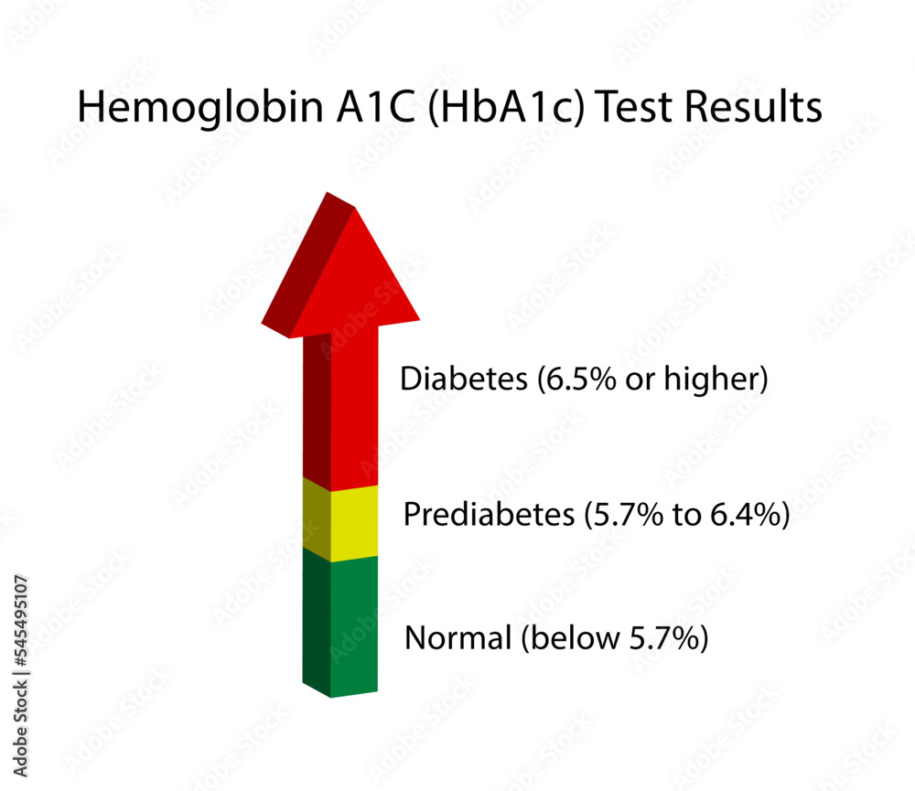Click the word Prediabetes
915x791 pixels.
(x=488, y=515)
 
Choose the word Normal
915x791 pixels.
(x=457, y=637)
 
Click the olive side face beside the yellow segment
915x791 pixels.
(x=316, y=518)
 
